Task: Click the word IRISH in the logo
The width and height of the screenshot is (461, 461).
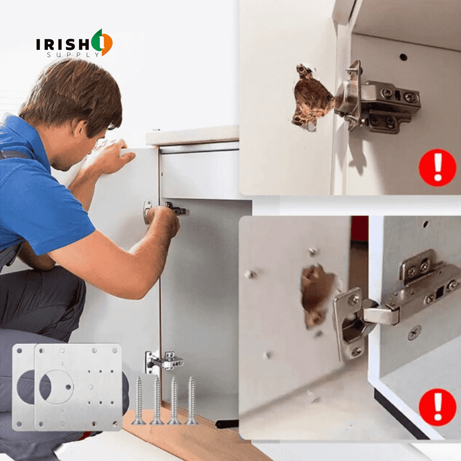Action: (x=63, y=44)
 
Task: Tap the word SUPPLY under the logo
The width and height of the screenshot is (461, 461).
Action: (x=73, y=55)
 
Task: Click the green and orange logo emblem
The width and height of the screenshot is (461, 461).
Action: (x=102, y=42)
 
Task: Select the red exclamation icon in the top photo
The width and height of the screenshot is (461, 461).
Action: (x=438, y=167)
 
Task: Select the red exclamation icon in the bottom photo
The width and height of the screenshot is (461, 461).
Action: (x=438, y=407)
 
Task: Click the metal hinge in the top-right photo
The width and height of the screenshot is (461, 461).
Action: (x=378, y=100)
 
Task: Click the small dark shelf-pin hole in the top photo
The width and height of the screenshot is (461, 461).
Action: (x=404, y=57)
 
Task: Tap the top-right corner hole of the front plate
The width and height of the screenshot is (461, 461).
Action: (x=115, y=351)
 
